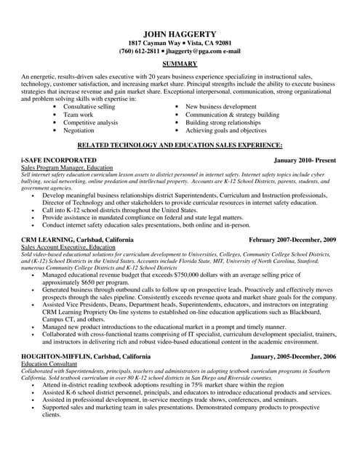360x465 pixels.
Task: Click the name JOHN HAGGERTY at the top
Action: pos(180,33)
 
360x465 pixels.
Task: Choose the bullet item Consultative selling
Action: pos(89,106)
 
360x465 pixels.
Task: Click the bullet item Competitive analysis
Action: pos(90,122)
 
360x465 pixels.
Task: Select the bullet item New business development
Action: pos(221,106)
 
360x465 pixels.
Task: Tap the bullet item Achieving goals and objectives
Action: pos(226,130)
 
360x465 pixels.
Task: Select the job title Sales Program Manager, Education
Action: pos(67,166)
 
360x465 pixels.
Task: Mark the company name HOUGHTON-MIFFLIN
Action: pos(57,356)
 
